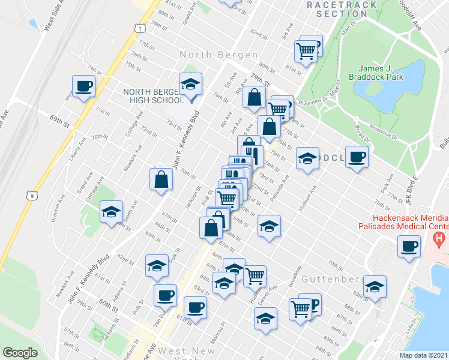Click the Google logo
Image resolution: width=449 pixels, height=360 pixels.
click(20, 353)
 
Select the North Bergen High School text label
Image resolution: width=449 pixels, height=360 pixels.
click(150, 96)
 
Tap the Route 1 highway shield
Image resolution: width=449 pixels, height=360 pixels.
click(139, 28)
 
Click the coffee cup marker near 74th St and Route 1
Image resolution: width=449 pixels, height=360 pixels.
click(83, 86)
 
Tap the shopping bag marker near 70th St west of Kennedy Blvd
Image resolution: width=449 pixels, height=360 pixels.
click(161, 179)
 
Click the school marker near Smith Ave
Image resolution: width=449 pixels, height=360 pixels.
click(111, 212)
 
